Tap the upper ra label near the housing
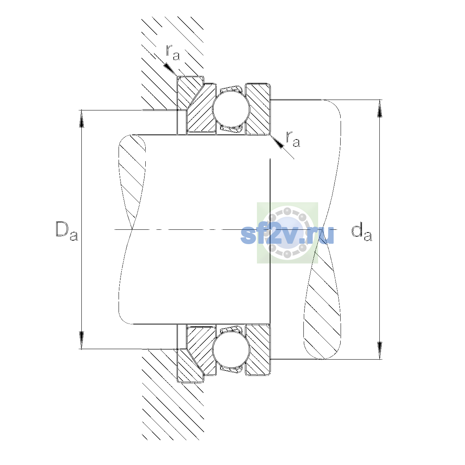(x=173, y=52)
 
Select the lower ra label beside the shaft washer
(x=293, y=139)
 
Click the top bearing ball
(x=231, y=109)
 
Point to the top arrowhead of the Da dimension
(x=81, y=119)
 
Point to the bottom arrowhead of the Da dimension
(x=81, y=340)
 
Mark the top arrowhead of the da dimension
(x=380, y=108)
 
